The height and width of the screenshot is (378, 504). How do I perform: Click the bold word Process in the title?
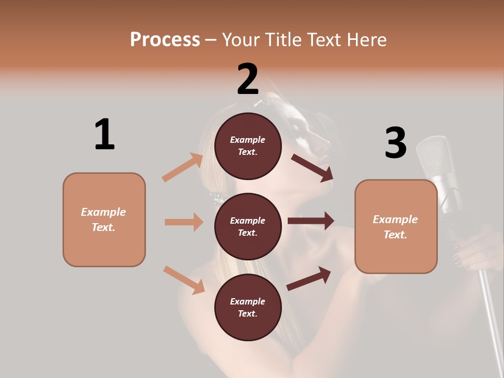point(165,40)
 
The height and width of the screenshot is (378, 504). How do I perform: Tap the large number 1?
point(104,134)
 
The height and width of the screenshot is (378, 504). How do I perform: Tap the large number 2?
point(248,79)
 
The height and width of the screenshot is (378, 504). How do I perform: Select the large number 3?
point(395,143)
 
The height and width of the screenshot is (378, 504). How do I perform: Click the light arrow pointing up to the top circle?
point(183,167)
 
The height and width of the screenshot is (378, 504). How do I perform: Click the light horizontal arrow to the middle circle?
point(184,222)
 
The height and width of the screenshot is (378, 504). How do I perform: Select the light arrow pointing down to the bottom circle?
point(184,279)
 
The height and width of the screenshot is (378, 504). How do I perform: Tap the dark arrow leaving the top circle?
point(312,167)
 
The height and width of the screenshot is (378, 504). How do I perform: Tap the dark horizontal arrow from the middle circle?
point(310,220)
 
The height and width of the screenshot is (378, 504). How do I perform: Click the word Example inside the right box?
point(395,219)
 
